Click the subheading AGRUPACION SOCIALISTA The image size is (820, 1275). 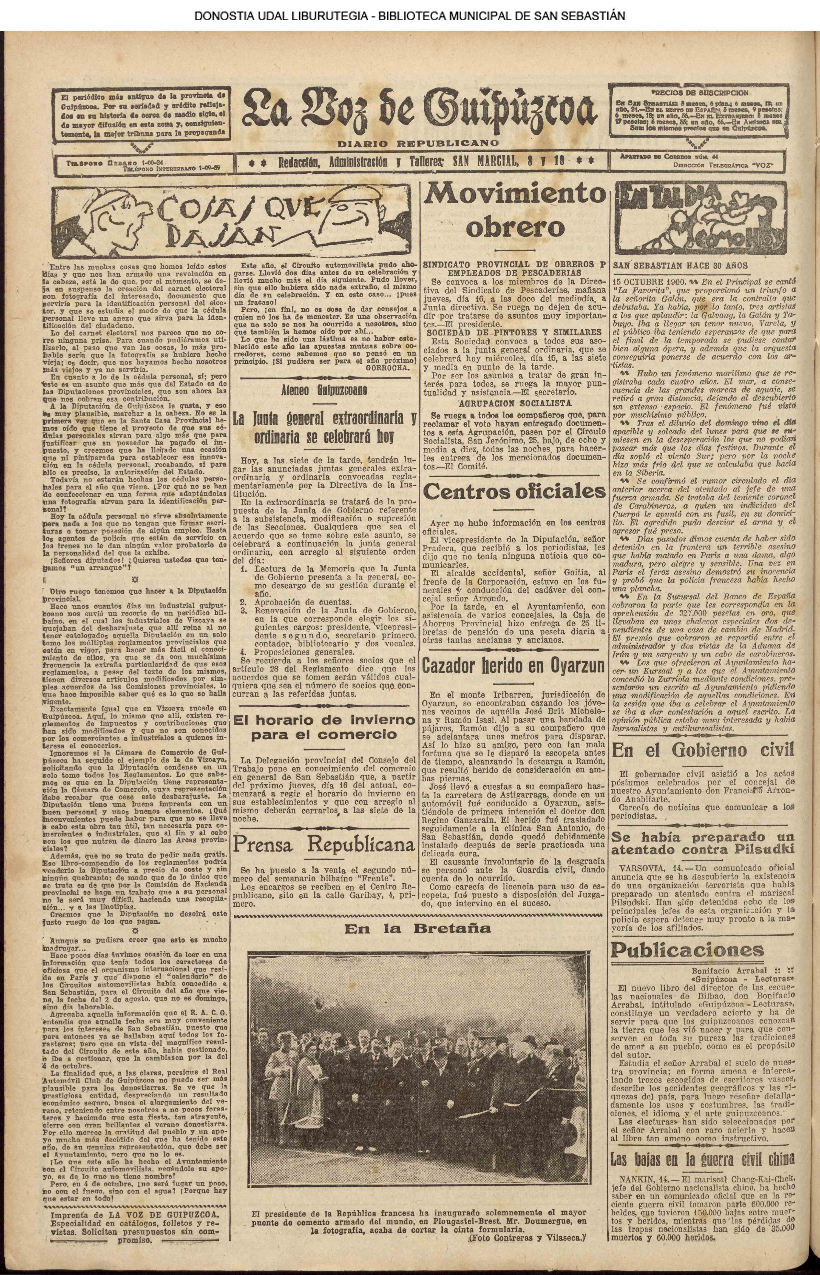514,403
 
